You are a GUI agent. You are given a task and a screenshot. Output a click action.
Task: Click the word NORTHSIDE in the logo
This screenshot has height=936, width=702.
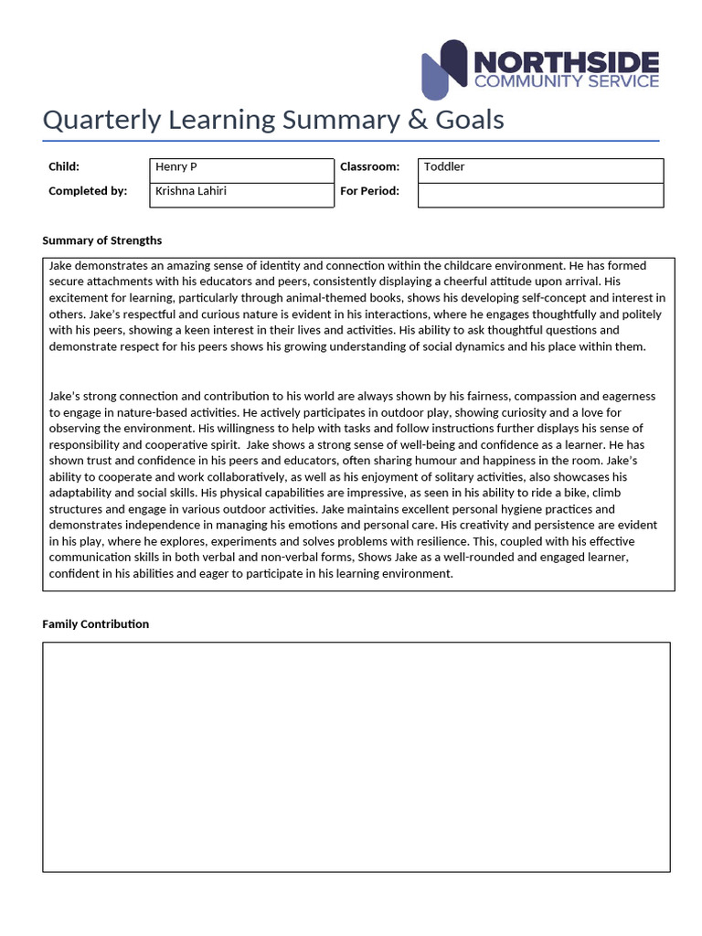(x=566, y=61)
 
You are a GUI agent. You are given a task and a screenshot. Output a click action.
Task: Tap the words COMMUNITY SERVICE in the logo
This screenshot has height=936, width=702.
(x=566, y=81)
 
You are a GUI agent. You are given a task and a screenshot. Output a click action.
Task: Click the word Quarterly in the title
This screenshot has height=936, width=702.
(x=96, y=120)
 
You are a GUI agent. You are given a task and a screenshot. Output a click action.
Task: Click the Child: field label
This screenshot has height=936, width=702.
(x=64, y=166)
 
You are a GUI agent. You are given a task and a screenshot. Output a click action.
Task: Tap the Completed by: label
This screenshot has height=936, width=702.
(x=88, y=191)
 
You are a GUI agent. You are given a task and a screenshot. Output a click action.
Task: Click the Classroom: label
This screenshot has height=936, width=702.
(x=370, y=166)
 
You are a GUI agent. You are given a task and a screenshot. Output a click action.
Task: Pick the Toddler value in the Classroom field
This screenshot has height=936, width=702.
(x=444, y=166)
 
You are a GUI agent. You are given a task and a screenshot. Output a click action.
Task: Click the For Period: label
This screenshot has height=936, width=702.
(x=370, y=191)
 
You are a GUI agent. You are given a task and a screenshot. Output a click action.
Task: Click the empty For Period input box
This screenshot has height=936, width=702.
(x=540, y=195)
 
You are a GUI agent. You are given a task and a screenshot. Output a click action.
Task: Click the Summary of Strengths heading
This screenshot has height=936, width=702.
(x=102, y=240)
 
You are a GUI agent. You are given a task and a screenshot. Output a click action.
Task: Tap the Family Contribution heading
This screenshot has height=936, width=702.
(x=96, y=623)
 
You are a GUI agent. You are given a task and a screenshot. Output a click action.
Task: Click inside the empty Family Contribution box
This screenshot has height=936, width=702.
(x=356, y=756)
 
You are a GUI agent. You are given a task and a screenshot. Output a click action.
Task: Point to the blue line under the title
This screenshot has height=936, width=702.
(x=351, y=142)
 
